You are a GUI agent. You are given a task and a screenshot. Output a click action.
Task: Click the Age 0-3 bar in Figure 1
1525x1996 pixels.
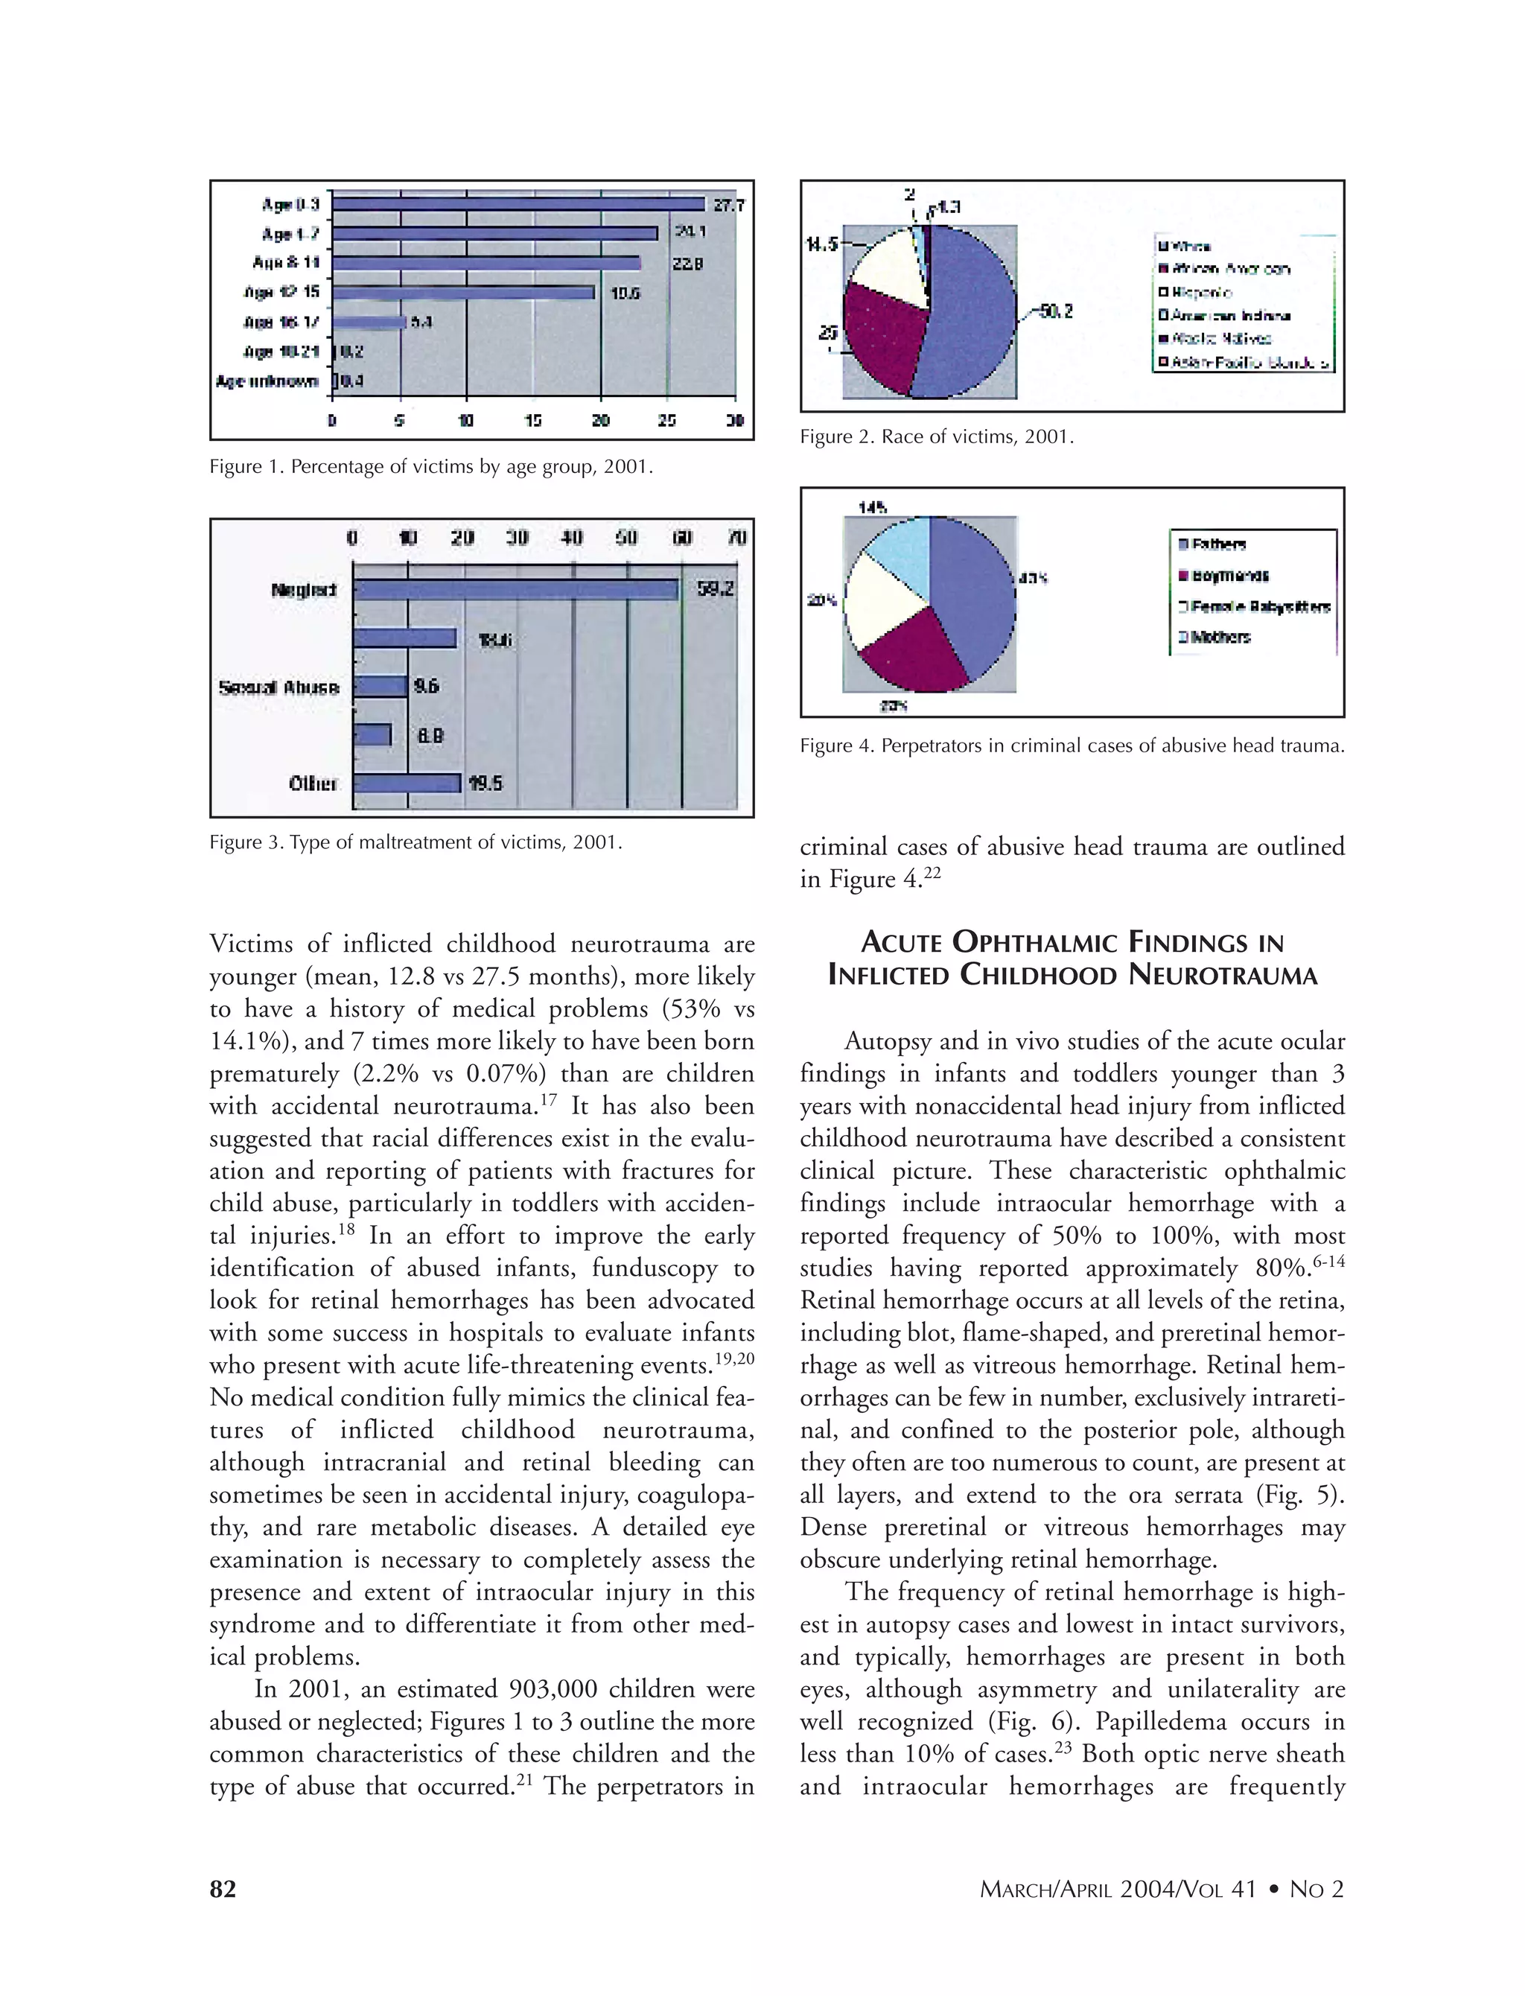click(518, 204)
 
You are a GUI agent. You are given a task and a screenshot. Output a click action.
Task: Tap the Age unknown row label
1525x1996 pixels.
click(267, 381)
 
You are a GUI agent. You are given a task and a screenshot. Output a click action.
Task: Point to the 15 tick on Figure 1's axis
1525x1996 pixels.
click(533, 421)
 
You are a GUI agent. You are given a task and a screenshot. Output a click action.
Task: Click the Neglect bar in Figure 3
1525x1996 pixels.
click(515, 590)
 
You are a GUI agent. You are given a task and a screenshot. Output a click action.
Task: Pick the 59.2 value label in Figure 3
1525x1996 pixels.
click(716, 590)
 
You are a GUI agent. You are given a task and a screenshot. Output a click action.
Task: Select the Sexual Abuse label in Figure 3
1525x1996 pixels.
click(278, 687)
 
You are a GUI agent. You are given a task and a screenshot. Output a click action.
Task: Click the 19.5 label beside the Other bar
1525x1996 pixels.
click(485, 784)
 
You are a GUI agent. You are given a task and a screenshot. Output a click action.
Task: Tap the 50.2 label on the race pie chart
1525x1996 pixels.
click(1056, 311)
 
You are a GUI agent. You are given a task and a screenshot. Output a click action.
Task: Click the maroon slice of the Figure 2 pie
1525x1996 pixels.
click(880, 336)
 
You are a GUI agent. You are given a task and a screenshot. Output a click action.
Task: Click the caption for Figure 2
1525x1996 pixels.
click(936, 436)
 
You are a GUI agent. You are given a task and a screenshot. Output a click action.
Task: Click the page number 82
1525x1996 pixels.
click(223, 1889)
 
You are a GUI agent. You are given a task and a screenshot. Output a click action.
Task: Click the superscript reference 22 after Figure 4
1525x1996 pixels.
click(933, 873)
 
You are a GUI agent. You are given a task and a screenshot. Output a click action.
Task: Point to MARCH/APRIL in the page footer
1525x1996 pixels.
click(1045, 1889)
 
